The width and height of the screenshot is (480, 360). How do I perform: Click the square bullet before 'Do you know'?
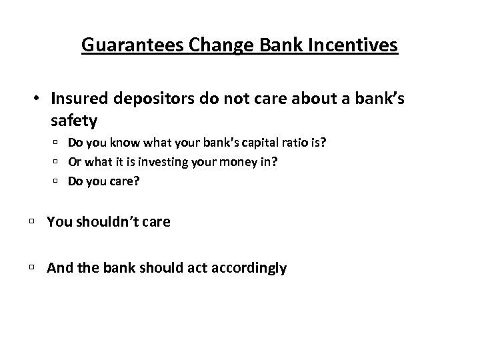click(x=57, y=142)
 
